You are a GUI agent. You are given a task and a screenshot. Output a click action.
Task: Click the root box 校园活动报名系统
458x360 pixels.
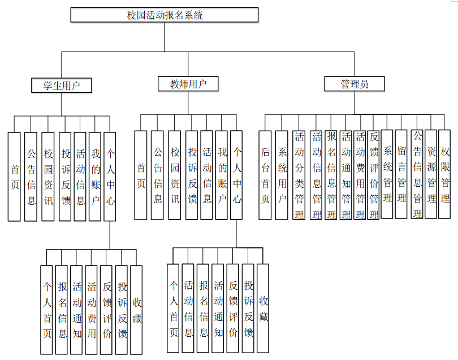165,15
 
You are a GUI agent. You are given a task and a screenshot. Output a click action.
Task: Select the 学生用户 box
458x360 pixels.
62,85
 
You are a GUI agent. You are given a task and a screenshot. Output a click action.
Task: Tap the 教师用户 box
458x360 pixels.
188,84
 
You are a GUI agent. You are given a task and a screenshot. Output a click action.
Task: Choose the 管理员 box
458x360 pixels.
355,84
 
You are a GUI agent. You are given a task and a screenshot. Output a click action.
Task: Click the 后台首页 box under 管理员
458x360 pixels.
265,175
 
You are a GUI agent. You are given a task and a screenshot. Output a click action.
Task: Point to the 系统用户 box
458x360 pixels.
282,175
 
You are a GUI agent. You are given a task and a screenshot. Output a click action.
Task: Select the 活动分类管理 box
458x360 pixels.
299,175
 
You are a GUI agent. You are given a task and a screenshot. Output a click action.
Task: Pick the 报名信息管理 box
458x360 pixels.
331,175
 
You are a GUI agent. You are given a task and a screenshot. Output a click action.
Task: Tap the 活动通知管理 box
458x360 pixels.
346,175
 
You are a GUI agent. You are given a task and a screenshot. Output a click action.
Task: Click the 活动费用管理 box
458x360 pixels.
360,175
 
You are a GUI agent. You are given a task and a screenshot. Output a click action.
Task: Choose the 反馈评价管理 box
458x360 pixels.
373,175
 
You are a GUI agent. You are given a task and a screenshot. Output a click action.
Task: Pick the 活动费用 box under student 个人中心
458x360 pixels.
91,310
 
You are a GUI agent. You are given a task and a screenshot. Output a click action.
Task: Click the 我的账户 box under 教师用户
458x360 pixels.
222,175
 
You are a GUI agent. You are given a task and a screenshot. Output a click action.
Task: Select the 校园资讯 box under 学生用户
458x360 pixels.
48,177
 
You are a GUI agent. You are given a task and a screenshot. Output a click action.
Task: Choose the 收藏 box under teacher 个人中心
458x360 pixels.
263,308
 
